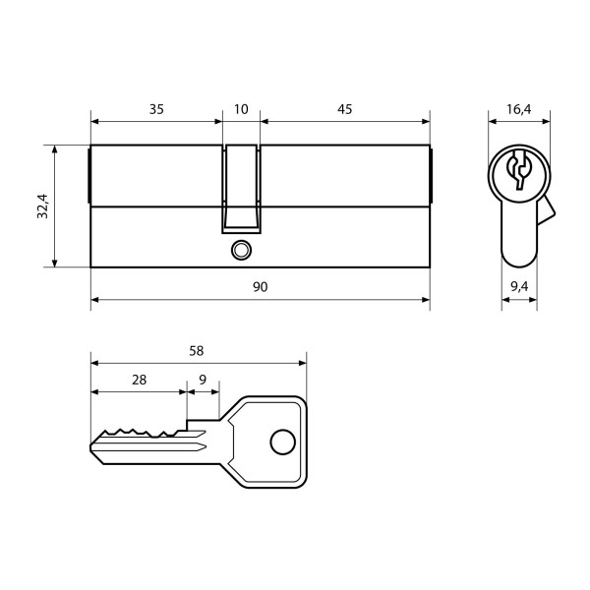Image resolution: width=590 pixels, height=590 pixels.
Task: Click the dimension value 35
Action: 156,109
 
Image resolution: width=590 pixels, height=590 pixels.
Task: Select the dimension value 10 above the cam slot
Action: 242,109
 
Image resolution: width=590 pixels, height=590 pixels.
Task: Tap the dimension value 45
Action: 344,109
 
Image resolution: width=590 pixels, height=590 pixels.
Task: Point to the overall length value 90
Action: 260,286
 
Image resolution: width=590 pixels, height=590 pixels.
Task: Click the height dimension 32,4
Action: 42,206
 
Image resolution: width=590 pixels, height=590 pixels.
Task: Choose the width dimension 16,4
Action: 521,109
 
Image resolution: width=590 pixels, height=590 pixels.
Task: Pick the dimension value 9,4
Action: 520,286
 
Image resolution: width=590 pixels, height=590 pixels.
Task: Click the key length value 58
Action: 198,350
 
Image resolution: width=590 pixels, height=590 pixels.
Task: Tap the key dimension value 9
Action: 203,380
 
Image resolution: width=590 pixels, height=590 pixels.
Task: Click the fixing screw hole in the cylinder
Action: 239,251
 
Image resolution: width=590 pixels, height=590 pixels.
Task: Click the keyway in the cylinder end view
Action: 519,171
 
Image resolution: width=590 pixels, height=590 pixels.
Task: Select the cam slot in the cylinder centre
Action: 242,187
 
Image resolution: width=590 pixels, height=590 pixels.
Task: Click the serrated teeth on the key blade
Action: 138,433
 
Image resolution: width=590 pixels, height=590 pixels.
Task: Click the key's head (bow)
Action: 265,442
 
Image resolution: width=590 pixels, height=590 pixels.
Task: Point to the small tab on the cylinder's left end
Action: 89,176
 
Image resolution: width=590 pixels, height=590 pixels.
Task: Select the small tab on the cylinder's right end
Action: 431,176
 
